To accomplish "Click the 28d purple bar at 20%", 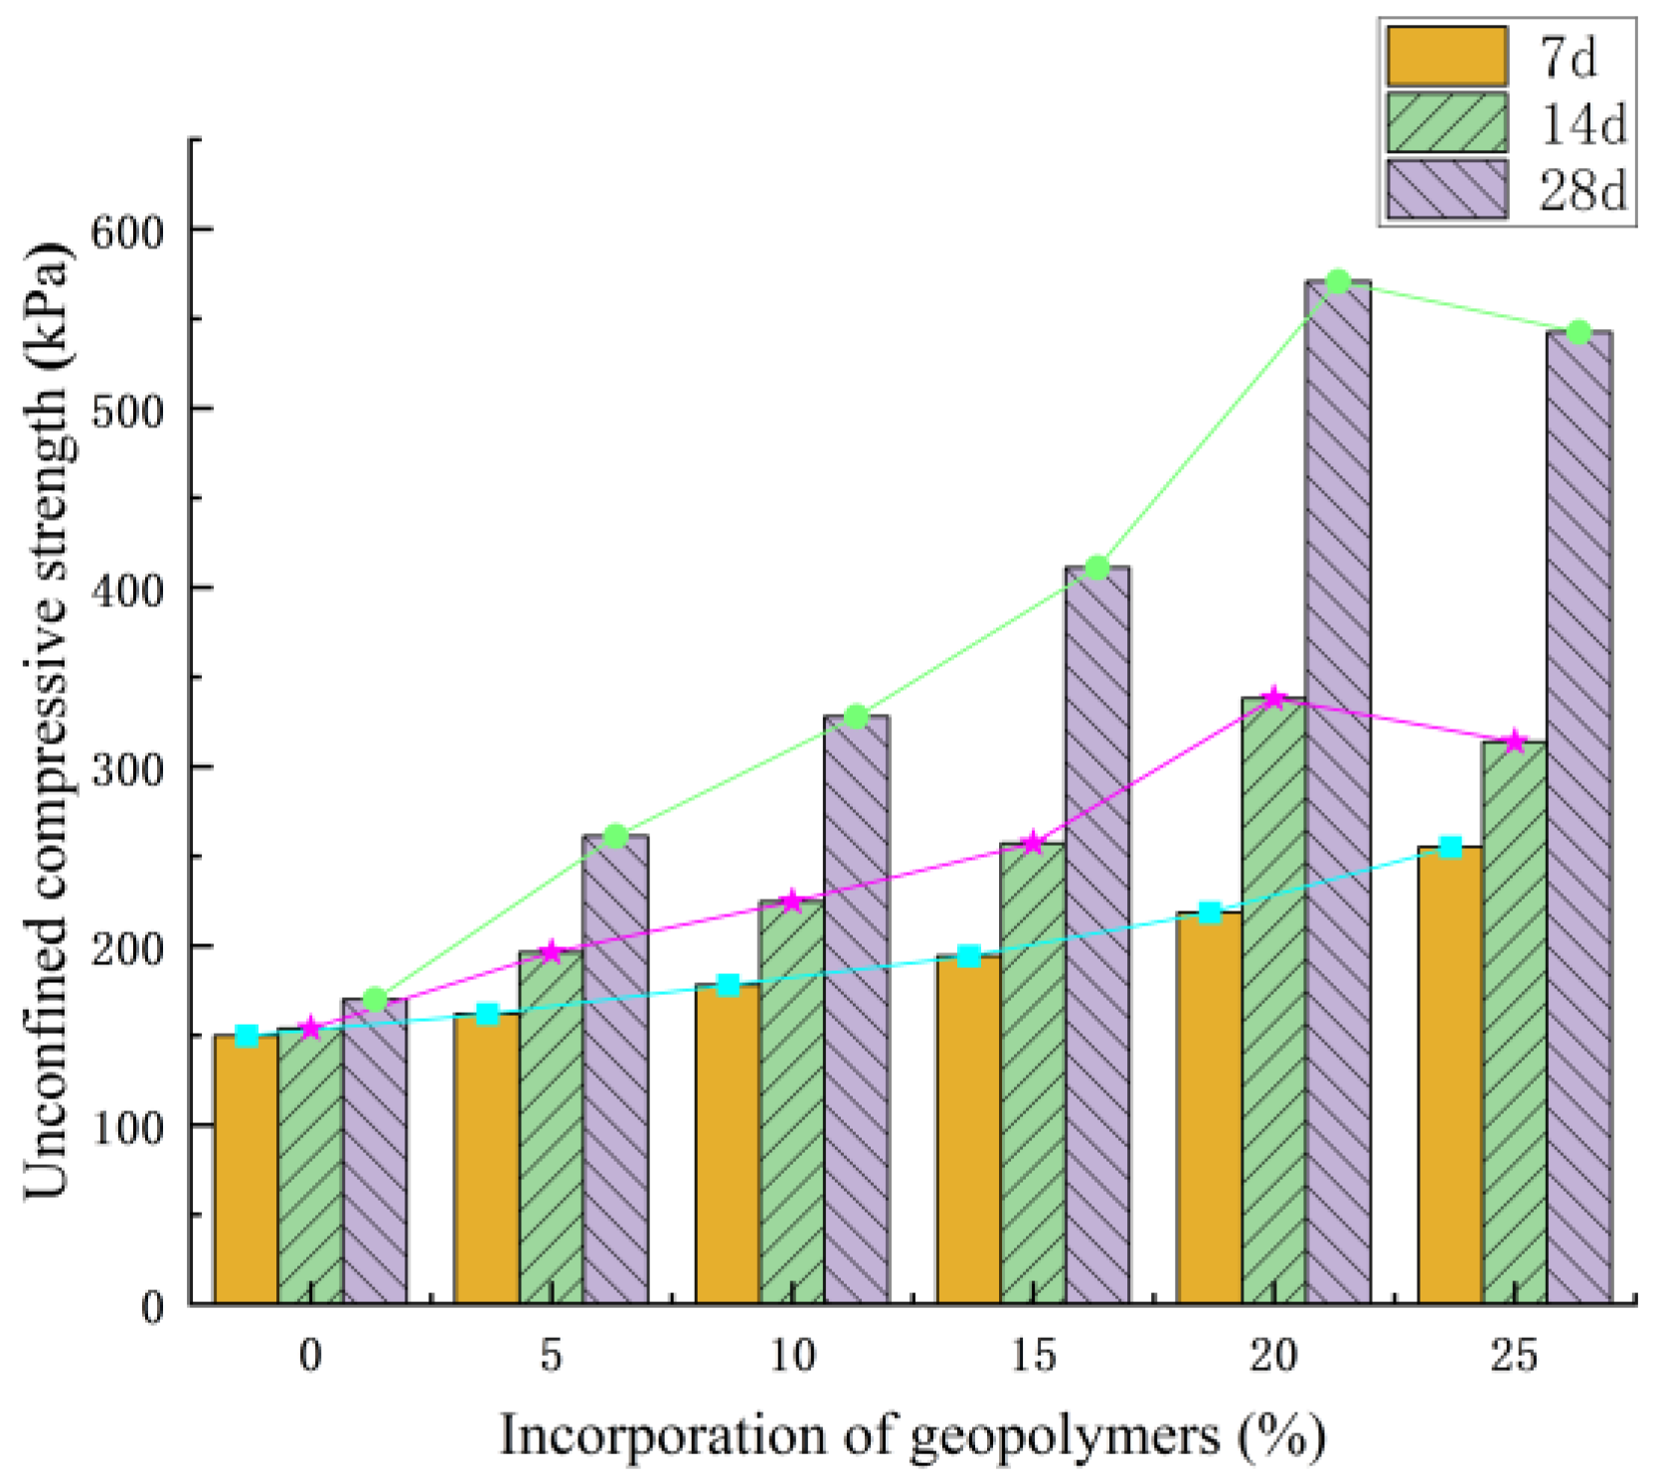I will tap(1338, 795).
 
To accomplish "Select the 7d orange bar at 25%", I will tap(1450, 1073).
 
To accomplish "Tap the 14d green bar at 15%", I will tap(1033, 1073).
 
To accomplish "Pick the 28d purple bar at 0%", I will tap(375, 1153).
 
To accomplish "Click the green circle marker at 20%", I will tap(1338, 281).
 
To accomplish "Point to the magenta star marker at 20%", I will tap(1274, 698).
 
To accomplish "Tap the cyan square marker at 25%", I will tap(1450, 847).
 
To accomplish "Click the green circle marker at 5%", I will tap(615, 836).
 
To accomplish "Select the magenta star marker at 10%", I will tap(792, 902).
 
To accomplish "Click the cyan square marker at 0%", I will tap(247, 1036).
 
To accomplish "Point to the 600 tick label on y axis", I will tap(125, 231).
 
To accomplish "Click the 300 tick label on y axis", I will tap(125, 767).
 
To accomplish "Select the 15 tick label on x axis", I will tap(1033, 1356).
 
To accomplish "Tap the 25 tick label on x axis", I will tap(1514, 1356).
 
